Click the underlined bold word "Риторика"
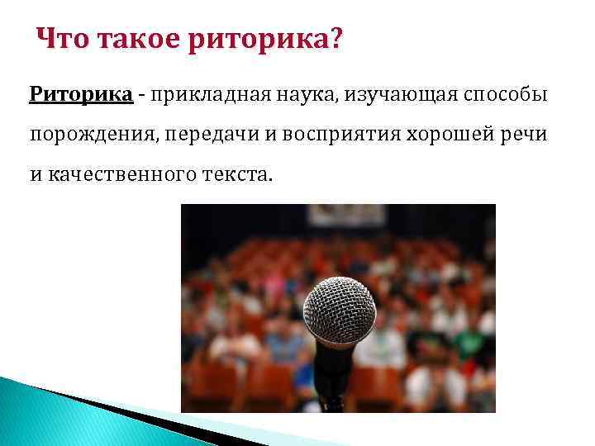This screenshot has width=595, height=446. click(81, 93)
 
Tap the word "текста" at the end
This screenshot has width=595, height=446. click(238, 175)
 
